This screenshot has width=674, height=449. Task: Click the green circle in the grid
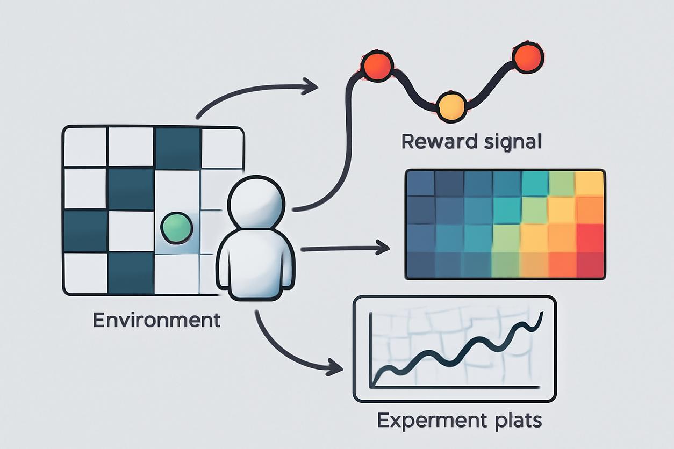(x=177, y=227)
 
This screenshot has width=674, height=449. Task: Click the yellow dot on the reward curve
(x=450, y=106)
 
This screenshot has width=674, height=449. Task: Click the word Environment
(x=156, y=320)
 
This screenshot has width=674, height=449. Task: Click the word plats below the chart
(x=516, y=420)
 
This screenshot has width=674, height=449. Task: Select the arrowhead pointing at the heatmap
(x=383, y=248)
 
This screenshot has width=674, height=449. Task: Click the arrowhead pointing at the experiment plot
(x=335, y=368)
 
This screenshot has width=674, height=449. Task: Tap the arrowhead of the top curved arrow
(x=311, y=85)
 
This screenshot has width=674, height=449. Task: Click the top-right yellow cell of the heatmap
(x=589, y=183)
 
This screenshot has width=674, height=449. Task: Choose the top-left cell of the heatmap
(x=420, y=183)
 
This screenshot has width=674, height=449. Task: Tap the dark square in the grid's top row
(x=178, y=147)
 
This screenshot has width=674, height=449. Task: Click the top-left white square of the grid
(x=85, y=147)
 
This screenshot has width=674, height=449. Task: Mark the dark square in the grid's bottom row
(x=131, y=273)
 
